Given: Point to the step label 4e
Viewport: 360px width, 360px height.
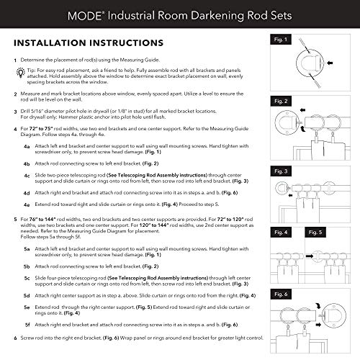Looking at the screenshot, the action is point(27,205).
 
